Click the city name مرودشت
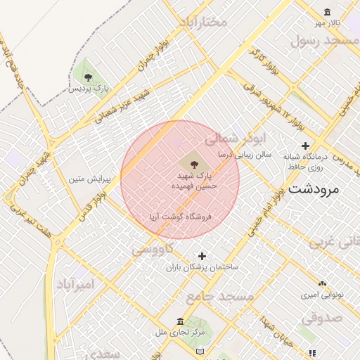point(313,189)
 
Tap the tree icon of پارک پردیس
point(87,77)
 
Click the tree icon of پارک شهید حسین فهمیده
point(193,161)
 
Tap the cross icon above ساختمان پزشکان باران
point(202,256)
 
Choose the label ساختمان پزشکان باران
point(202,268)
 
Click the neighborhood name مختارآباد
point(203,22)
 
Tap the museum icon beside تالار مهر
point(328,12)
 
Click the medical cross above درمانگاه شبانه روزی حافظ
point(305,146)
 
